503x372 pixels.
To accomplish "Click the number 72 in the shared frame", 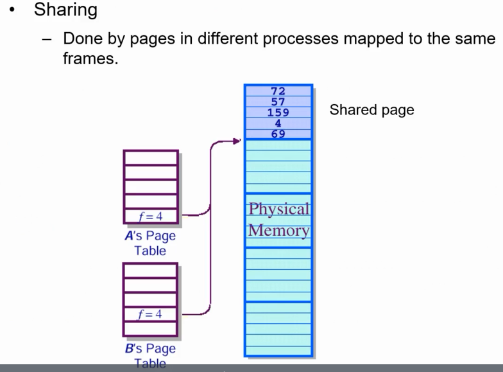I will click(x=278, y=91).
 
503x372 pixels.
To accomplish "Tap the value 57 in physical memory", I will click(x=278, y=102).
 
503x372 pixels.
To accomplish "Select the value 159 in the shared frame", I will click(x=278, y=112).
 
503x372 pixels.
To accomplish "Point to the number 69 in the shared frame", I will click(x=278, y=134).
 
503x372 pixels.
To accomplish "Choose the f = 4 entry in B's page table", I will click(x=150, y=314).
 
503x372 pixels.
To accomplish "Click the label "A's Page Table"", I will click(x=150, y=243).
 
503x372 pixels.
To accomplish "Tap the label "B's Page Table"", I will click(x=150, y=356).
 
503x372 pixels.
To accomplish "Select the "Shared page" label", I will click(x=371, y=110).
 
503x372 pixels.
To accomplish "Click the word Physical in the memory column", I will click(x=278, y=209).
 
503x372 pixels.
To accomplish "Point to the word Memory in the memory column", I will click(x=278, y=230).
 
